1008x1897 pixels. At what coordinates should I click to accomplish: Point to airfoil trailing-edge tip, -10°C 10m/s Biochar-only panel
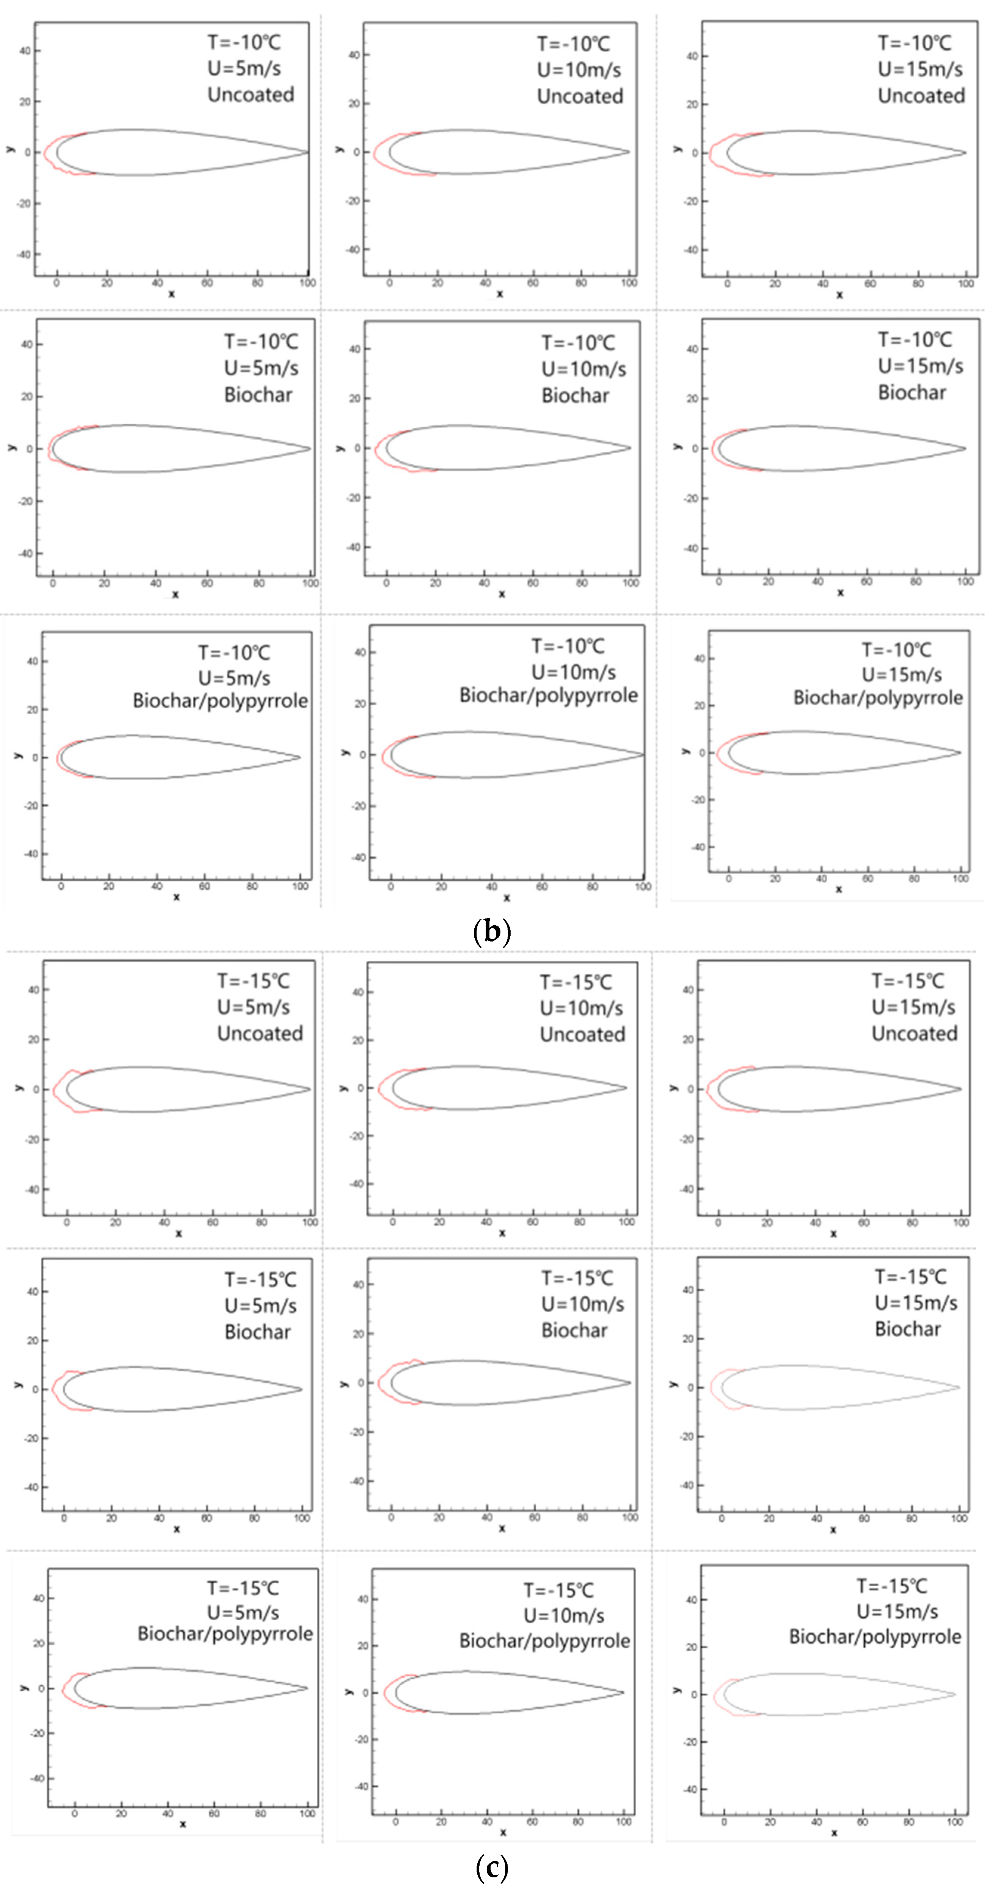(630, 448)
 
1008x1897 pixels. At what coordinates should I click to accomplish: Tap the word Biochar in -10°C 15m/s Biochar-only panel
(912, 392)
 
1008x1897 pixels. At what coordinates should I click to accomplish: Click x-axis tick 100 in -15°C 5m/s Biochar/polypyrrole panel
(307, 1814)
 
